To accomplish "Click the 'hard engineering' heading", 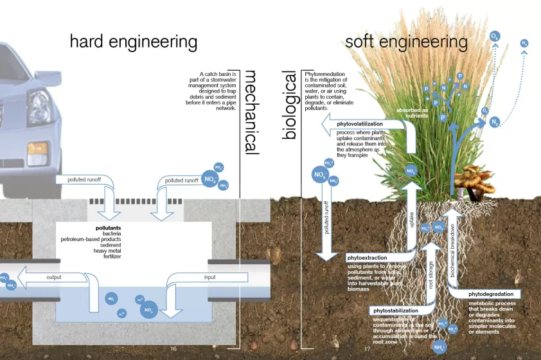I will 133,42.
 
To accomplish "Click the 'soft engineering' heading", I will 406,42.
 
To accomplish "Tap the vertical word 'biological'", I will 290,105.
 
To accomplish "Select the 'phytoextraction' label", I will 368,258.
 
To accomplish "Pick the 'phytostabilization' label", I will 396,310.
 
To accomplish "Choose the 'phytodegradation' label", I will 492,294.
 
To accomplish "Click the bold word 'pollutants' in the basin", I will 109,228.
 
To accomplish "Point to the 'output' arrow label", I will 54,277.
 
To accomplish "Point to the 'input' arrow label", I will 209,277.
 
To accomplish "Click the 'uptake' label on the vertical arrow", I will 412,219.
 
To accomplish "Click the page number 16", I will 173,348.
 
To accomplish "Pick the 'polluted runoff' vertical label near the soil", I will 326,218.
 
